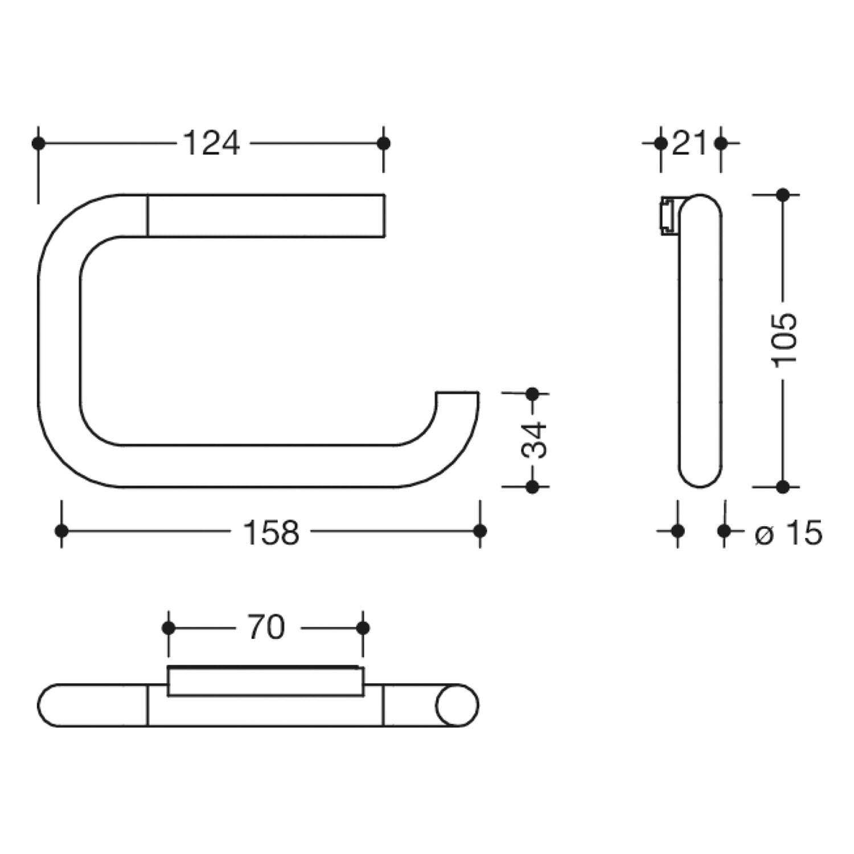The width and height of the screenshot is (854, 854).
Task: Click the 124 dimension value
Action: (211, 143)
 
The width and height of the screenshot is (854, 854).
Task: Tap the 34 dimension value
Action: (534, 440)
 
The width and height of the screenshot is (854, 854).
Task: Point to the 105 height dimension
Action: (785, 339)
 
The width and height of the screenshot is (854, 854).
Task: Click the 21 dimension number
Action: (689, 143)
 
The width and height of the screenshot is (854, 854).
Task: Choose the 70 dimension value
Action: (266, 628)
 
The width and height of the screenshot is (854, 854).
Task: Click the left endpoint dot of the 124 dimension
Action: (38, 143)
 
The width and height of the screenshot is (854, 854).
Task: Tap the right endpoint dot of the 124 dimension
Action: (384, 143)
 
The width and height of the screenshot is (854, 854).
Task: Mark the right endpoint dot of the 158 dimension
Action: (480, 531)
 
